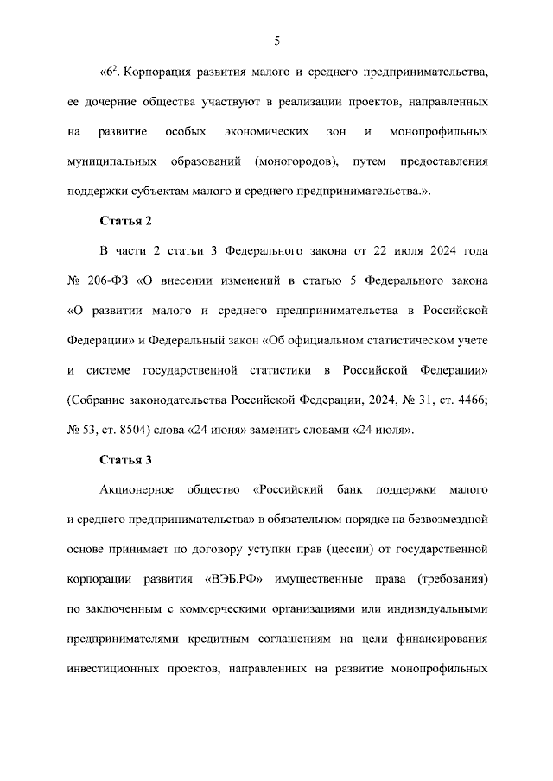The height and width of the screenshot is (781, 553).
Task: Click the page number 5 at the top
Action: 276,41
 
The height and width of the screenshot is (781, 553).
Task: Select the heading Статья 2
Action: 125,221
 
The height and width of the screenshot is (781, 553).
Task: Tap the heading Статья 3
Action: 125,459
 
